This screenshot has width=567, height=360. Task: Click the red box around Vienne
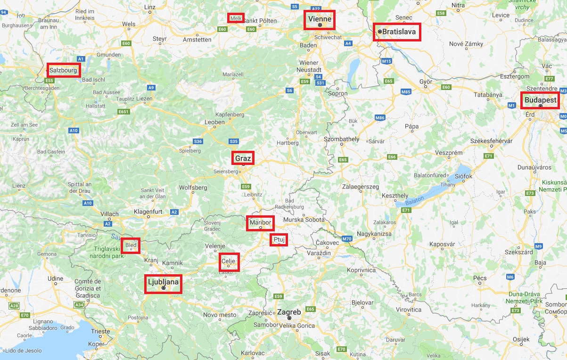[319, 20]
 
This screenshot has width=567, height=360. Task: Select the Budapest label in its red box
[540, 100]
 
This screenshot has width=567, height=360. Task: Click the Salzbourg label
[63, 70]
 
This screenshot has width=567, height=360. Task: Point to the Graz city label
[243, 158]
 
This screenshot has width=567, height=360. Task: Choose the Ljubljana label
[163, 282]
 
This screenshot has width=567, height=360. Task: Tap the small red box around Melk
[235, 18]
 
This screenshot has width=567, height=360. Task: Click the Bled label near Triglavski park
[131, 245]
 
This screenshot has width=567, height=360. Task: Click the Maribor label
[260, 222]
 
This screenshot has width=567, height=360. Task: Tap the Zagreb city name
[289, 312]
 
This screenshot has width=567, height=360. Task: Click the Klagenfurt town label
[148, 212]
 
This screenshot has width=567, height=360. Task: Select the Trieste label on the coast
[100, 331]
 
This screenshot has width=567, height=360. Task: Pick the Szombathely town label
[342, 139]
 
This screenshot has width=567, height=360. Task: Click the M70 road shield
[347, 239]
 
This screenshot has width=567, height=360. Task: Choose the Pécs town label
[479, 278]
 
